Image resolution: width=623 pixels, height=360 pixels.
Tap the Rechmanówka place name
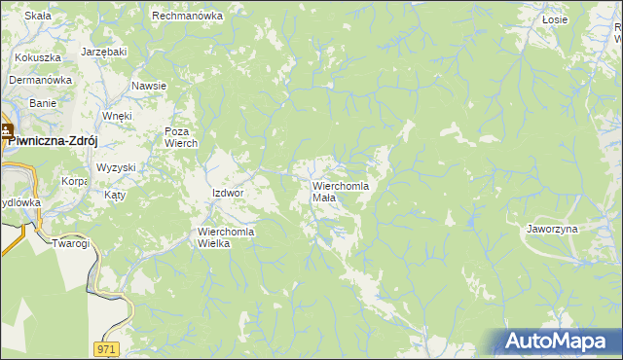188,16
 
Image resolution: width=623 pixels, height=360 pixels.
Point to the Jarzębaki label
105,51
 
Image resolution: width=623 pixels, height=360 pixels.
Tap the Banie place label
43,102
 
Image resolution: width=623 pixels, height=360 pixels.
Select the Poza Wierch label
181,137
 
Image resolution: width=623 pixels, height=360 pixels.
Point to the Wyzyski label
116,167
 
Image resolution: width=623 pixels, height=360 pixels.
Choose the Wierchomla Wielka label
226,237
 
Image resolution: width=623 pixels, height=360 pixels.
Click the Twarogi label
71,243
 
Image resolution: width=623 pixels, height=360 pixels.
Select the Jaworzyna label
552,229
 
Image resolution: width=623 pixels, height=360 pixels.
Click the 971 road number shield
108,347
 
